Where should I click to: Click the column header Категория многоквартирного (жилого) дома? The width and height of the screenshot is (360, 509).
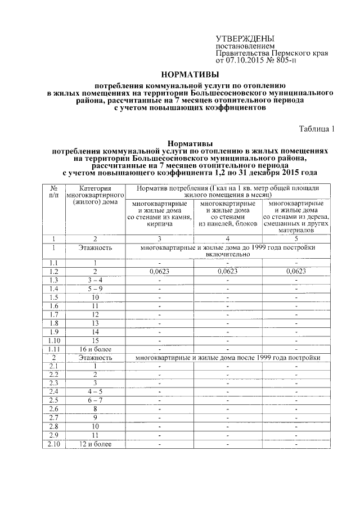click(x=95, y=195)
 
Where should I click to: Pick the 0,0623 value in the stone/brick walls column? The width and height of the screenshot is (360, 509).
click(x=160, y=271)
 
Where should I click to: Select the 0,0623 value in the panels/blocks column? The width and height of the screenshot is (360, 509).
click(x=228, y=271)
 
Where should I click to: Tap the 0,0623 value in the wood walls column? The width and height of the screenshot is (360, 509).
click(x=296, y=271)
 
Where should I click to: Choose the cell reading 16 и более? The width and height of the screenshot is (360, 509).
click(x=95, y=349)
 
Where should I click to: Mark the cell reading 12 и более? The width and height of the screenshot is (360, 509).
click(x=95, y=444)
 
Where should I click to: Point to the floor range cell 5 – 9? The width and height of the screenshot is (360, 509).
click(x=95, y=289)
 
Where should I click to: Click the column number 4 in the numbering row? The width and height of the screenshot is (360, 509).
click(x=228, y=238)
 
